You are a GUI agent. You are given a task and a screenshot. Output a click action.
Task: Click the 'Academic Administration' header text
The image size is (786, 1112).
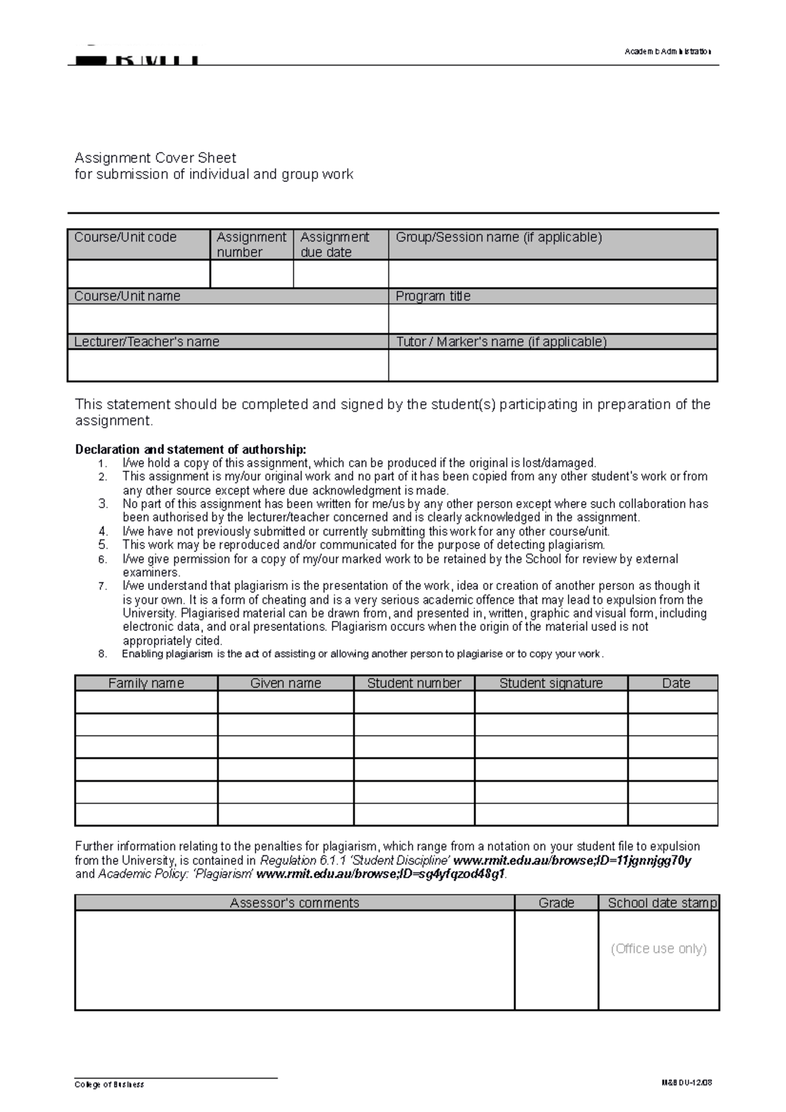667,52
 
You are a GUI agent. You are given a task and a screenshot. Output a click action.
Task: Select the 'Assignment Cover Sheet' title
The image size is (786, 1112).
155,158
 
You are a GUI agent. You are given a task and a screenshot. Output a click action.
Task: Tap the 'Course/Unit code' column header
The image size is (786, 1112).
125,237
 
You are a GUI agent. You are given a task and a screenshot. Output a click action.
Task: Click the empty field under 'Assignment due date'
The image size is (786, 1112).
341,274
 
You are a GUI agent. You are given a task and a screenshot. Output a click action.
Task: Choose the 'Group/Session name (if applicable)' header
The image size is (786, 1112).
498,237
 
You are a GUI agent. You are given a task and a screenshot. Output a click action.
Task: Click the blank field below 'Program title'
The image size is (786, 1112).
553,319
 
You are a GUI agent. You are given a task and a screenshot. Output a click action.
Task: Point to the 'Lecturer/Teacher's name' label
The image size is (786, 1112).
147,342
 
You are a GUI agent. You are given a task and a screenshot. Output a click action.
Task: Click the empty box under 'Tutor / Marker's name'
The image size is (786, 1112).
553,365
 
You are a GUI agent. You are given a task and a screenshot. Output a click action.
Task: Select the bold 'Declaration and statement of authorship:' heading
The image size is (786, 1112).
191,449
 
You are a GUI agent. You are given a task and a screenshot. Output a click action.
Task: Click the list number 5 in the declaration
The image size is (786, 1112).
103,545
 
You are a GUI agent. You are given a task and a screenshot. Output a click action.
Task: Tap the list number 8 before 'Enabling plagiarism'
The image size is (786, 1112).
102,654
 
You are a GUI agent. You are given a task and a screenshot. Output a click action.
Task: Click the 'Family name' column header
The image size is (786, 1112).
145,683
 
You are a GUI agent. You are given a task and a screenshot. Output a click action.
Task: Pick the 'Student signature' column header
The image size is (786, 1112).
551,683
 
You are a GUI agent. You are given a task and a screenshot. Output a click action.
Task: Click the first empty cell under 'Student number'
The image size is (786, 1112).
413,702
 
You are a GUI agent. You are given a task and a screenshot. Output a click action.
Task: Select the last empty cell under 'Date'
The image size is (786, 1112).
673,814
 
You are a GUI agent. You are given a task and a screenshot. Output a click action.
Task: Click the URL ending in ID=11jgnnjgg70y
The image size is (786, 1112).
572,861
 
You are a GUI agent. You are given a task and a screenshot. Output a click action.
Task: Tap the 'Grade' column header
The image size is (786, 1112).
556,903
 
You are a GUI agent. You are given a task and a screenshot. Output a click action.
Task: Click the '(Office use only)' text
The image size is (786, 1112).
658,948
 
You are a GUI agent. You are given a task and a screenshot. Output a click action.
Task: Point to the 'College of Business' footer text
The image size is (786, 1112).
109,1084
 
